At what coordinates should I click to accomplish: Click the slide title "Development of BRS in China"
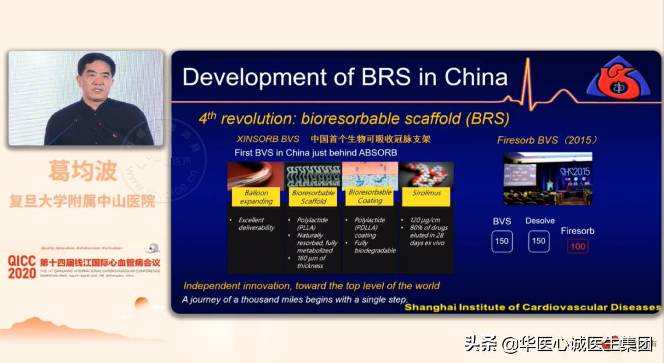(x=345, y=77)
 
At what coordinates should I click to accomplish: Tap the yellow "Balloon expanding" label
(x=256, y=197)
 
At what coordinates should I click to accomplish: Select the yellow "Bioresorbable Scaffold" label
(x=313, y=197)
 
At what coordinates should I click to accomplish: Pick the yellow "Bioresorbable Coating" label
(x=370, y=197)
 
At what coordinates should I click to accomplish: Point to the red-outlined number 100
(x=577, y=246)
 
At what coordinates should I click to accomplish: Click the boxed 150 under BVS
(x=502, y=241)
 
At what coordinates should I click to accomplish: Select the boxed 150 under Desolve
(x=539, y=241)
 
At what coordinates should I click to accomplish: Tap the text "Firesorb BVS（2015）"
(x=547, y=140)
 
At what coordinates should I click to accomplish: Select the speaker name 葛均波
(x=82, y=171)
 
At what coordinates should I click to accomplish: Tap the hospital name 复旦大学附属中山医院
(x=82, y=201)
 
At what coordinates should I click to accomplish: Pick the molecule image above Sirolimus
(x=425, y=174)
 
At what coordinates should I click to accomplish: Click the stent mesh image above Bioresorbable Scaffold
(x=313, y=174)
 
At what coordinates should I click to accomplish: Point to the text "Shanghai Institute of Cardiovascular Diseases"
(x=532, y=306)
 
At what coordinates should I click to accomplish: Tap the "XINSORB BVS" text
(x=268, y=139)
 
